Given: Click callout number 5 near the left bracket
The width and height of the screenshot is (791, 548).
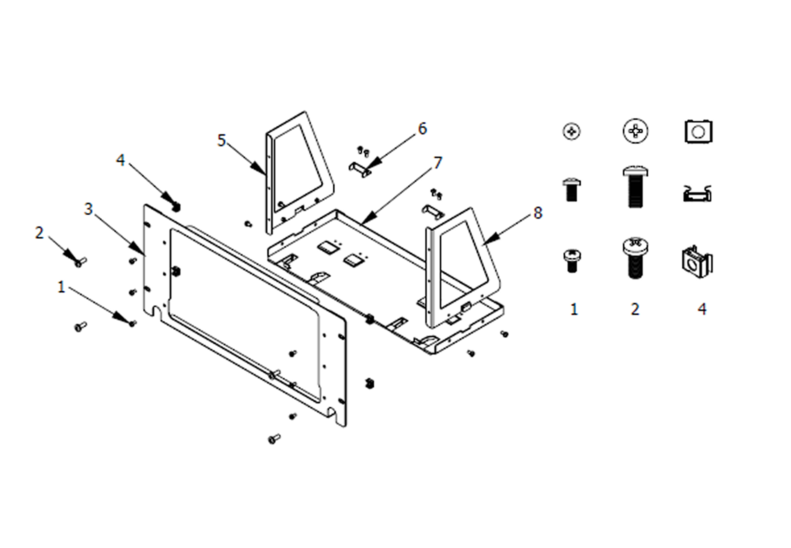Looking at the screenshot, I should click(x=221, y=140).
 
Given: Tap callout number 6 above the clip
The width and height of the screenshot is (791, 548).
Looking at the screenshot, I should click(x=422, y=129).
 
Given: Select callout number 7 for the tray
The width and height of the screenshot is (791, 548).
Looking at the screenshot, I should click(x=438, y=163).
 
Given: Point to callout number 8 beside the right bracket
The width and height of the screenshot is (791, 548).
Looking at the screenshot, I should click(x=538, y=213).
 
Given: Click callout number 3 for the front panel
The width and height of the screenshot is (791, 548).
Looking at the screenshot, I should click(x=89, y=209).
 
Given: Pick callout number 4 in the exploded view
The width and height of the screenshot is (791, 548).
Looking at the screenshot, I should click(x=120, y=160).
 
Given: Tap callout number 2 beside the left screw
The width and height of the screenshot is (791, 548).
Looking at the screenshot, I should click(x=40, y=233).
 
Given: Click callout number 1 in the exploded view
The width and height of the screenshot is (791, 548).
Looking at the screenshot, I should click(x=61, y=287).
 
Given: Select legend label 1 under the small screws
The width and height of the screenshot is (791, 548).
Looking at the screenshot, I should click(x=574, y=310).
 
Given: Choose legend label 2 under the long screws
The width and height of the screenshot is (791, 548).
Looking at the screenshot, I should click(x=635, y=310).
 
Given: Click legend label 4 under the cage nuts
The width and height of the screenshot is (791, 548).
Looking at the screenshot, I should click(x=702, y=310).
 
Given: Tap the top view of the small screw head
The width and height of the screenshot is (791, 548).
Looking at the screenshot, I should click(x=571, y=132).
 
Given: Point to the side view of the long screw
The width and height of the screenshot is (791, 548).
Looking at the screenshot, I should click(x=635, y=188).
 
